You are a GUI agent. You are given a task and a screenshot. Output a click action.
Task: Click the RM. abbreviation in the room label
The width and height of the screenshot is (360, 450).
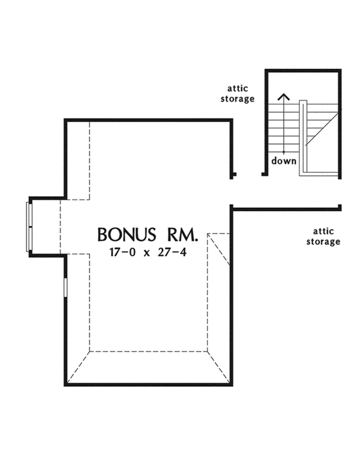pos(181,234)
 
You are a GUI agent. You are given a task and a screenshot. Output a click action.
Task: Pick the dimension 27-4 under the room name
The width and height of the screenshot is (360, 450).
pos(172,253)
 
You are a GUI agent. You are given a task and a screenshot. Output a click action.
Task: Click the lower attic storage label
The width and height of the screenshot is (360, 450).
pos(326,236)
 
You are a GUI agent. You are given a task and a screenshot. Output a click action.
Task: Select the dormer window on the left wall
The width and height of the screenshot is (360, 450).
pos(28,226)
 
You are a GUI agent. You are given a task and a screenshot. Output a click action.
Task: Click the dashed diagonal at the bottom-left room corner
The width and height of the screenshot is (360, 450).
pos(78,367)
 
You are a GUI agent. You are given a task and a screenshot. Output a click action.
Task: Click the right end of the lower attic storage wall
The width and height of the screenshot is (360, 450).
pos(340,208)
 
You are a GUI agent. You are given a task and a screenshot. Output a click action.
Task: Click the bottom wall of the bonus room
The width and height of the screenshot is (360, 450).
pos(147,384)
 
